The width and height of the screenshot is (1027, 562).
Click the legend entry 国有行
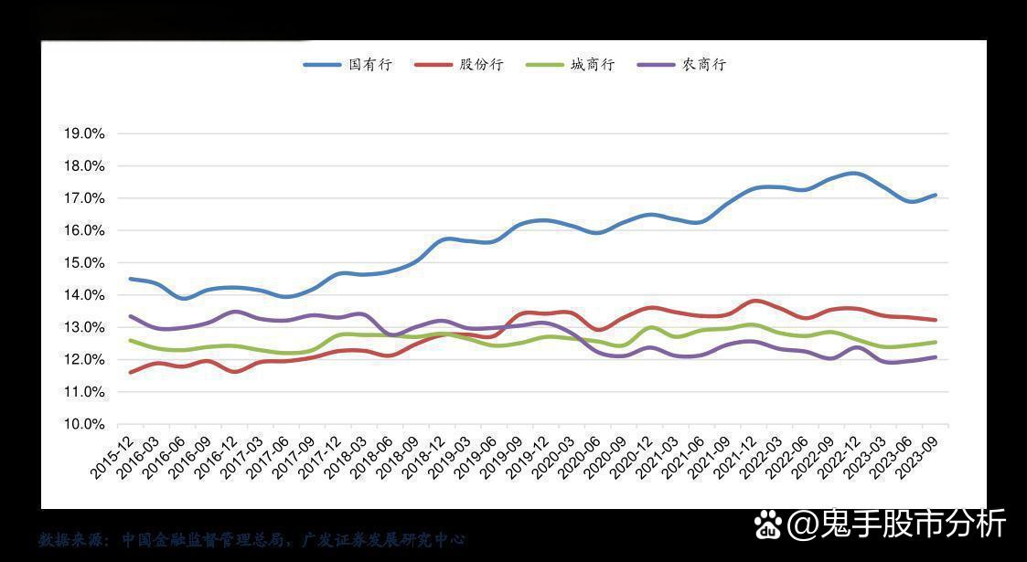(348, 65)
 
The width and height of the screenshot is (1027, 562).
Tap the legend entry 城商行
(570, 65)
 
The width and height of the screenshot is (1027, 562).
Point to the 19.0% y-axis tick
(84, 133)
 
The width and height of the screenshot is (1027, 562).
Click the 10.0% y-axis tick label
(84, 424)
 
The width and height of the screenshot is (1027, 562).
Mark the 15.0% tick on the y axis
(84, 263)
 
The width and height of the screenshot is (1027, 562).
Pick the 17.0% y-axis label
(84, 198)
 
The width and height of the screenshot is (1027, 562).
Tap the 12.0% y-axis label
(84, 360)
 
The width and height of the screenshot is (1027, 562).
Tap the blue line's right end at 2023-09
(936, 195)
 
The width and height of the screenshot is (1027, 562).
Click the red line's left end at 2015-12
(131, 372)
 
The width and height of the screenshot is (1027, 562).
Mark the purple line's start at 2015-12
(131, 316)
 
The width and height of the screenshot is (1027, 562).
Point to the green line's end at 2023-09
(936, 342)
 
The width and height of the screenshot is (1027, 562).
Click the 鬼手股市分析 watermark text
(897, 524)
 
